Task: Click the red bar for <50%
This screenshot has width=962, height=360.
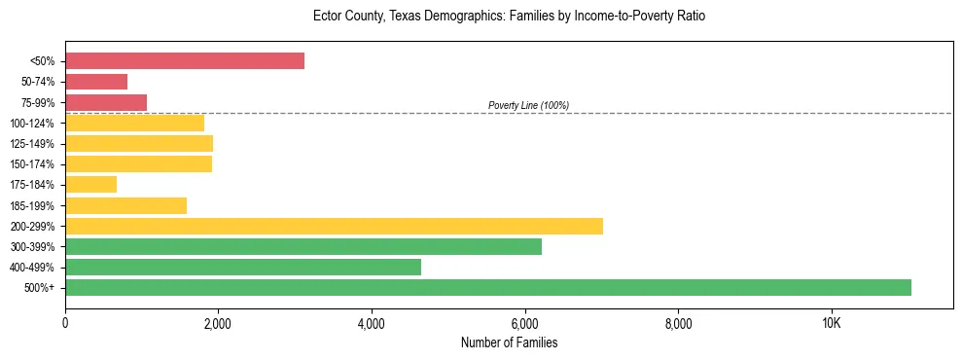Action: point(185,61)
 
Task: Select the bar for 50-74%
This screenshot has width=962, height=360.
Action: point(96,82)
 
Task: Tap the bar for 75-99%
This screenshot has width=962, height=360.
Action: point(106,102)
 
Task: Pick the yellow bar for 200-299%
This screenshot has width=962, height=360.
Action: point(334,226)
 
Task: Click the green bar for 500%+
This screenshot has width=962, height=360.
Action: point(488,287)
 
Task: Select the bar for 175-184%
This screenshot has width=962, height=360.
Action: point(90,184)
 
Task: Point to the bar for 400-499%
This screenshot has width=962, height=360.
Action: point(243,267)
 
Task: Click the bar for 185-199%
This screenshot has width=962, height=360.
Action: point(125,205)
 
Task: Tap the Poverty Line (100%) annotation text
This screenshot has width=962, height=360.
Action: point(528,105)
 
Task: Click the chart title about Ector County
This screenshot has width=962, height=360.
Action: point(509,17)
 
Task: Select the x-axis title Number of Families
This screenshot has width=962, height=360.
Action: point(509,343)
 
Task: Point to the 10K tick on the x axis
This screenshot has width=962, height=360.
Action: point(831,323)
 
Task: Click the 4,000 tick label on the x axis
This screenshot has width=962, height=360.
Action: point(372,323)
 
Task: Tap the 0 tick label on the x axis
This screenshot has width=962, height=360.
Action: point(65,323)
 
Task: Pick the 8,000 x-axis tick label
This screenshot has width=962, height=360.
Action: point(678,323)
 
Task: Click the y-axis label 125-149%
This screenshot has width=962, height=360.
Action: point(32,144)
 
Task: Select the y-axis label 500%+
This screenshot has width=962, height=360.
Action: point(40,288)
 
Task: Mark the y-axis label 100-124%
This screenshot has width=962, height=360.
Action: point(32,124)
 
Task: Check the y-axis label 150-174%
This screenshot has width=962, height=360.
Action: point(32,164)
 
